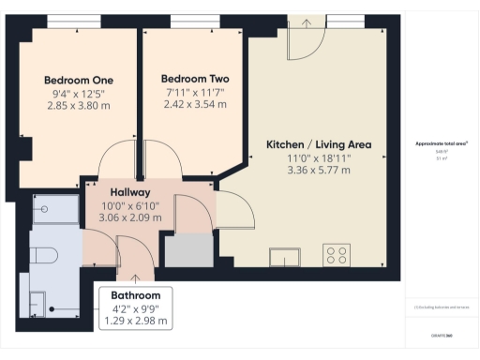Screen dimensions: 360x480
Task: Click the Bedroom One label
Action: [79, 81]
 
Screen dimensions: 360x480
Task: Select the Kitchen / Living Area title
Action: [319, 144]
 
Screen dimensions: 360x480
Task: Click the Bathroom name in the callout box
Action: [136, 295]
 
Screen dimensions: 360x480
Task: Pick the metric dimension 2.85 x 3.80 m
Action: [79, 106]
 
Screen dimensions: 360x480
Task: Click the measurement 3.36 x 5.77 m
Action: [319, 171]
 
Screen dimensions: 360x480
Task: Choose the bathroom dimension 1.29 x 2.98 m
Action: [136, 321]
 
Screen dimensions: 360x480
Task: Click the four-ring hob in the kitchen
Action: [337, 255]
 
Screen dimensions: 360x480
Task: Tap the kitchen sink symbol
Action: [284, 256]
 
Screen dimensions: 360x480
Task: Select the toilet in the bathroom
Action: [44, 255]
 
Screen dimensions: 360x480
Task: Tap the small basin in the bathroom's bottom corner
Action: [39, 301]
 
